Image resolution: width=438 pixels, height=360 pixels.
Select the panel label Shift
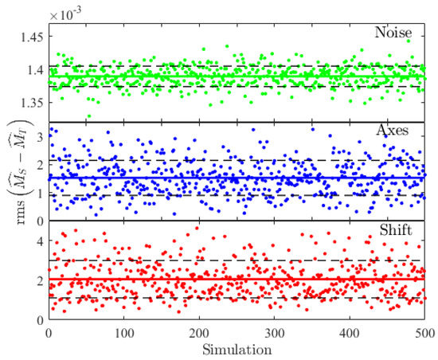pyautogui.click(x=406, y=232)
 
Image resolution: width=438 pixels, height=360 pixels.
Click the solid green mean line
pyautogui.click(x=239, y=76)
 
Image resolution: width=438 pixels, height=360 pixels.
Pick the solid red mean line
pyautogui.click(x=239, y=279)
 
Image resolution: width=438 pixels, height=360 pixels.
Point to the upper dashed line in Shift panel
pyautogui.click(x=239, y=260)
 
